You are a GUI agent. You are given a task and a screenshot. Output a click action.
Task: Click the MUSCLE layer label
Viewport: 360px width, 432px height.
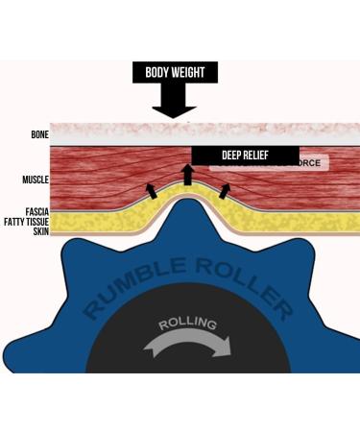pyautogui.click(x=36, y=180)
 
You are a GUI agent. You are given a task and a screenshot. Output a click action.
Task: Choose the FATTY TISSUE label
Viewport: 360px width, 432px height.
pyautogui.click(x=26, y=221)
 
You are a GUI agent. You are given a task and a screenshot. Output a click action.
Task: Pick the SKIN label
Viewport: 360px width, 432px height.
pyautogui.click(x=40, y=231)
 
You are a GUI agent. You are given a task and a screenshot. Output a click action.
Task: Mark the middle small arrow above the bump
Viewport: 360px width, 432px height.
pyautogui.click(x=188, y=173)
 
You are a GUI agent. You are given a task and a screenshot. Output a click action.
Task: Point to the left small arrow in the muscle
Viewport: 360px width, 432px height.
pyautogui.click(x=150, y=189)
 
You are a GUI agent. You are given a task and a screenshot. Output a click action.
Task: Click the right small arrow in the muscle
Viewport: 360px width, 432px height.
pyautogui.click(x=225, y=188)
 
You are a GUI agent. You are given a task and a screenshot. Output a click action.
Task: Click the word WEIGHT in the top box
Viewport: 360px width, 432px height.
pyautogui.click(x=196, y=72)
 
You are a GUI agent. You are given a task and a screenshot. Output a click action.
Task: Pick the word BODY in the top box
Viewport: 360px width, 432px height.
pyautogui.click(x=157, y=72)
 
